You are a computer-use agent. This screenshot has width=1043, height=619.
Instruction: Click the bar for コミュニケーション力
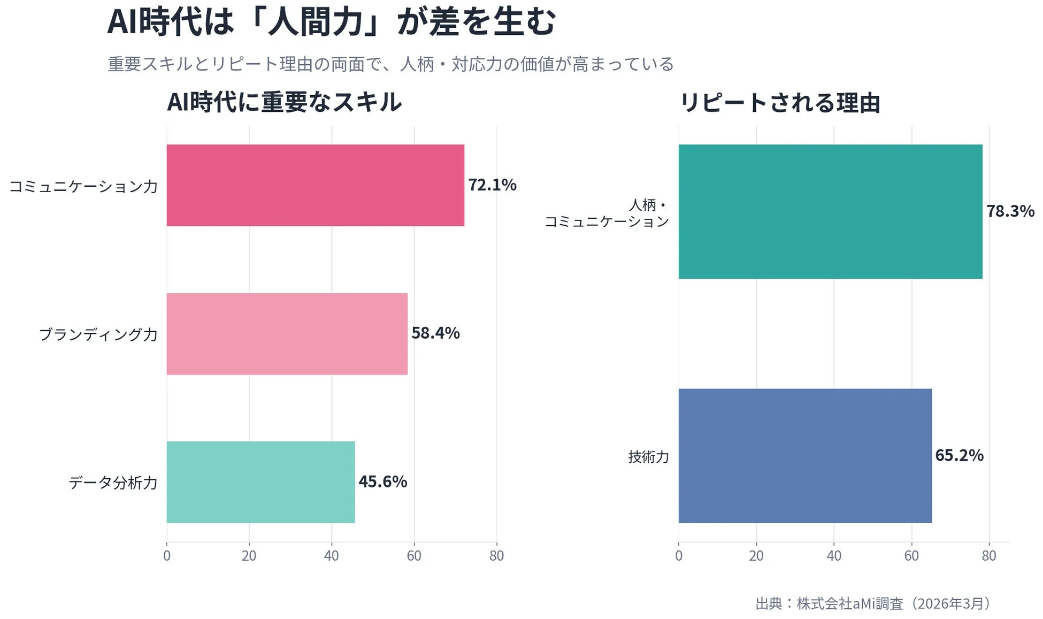pos(315,185)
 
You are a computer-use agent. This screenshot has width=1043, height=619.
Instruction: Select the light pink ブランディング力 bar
pos(287,334)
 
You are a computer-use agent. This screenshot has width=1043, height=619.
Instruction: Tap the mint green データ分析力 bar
pos(260,482)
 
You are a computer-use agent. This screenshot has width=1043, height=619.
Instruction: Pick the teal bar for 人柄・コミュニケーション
pos(830,211)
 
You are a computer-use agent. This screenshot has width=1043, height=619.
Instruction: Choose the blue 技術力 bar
pos(805,456)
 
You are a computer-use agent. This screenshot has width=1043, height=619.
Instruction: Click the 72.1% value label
pos(492,185)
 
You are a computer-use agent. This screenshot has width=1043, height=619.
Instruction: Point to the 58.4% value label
pos(435,333)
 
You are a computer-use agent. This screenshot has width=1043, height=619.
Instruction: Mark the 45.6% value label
pos(382,482)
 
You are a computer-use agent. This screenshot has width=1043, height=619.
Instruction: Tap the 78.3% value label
pos(1010,211)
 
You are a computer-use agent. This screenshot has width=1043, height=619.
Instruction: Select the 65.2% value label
pos(959,455)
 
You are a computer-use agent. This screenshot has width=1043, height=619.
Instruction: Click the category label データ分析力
pos(113,483)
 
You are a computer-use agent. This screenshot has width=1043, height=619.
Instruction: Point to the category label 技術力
pos(648,457)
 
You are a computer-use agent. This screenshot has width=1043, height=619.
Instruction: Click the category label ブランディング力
pos(98,334)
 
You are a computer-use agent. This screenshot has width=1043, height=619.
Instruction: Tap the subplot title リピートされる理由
pos(779,103)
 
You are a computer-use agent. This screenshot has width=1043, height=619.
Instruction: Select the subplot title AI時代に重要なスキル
pos(284,102)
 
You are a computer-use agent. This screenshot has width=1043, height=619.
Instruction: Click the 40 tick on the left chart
pos(331,556)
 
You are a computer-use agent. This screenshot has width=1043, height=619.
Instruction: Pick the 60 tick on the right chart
pos(911,556)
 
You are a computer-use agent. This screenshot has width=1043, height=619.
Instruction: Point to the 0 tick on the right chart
pos(678,556)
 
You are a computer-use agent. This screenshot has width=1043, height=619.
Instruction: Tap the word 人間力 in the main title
pos(315,22)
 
